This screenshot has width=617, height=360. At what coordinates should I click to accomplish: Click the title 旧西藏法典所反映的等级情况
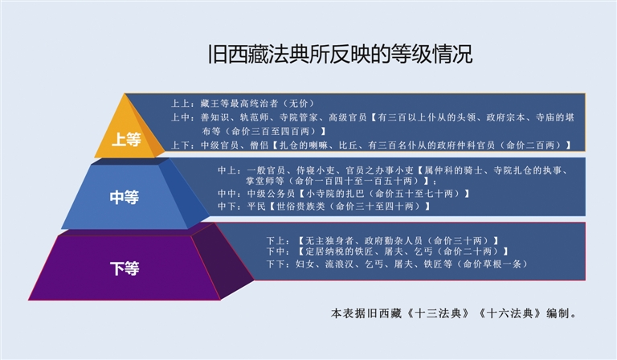pos(340,54)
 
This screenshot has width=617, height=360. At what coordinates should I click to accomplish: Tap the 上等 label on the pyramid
pos(126,139)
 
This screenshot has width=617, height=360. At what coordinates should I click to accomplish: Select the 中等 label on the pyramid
pos(125,197)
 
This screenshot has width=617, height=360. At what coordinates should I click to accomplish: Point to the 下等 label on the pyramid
pos(125,268)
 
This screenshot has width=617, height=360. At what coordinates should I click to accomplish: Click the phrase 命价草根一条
pos(492,264)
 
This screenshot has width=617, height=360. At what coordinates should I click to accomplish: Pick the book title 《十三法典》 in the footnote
pos(437,313)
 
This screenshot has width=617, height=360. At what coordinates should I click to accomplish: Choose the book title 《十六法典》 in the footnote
pos(510,313)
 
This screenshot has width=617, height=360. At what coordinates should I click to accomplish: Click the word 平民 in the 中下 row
pos(256,207)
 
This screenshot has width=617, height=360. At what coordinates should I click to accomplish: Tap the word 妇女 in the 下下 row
pos(305,264)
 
